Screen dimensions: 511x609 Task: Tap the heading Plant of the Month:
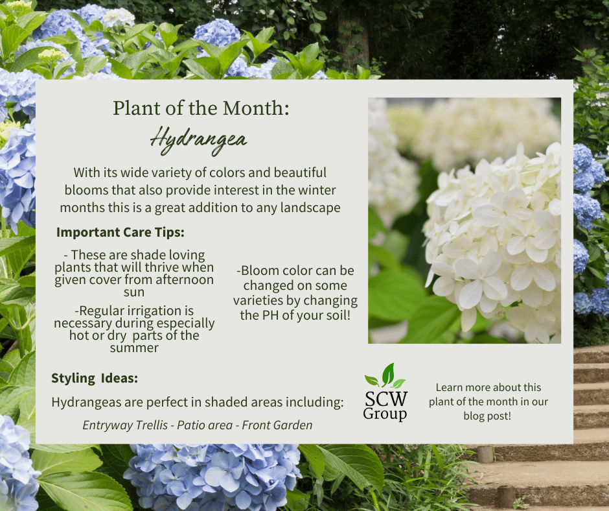pos(201,108)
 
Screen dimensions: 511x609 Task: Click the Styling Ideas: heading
pos(95,378)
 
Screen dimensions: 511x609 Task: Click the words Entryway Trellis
pos(119,425)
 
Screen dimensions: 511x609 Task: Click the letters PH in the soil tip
pos(267,315)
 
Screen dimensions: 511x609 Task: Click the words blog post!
pos(487,416)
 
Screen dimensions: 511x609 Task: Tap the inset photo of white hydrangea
pos(464,220)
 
